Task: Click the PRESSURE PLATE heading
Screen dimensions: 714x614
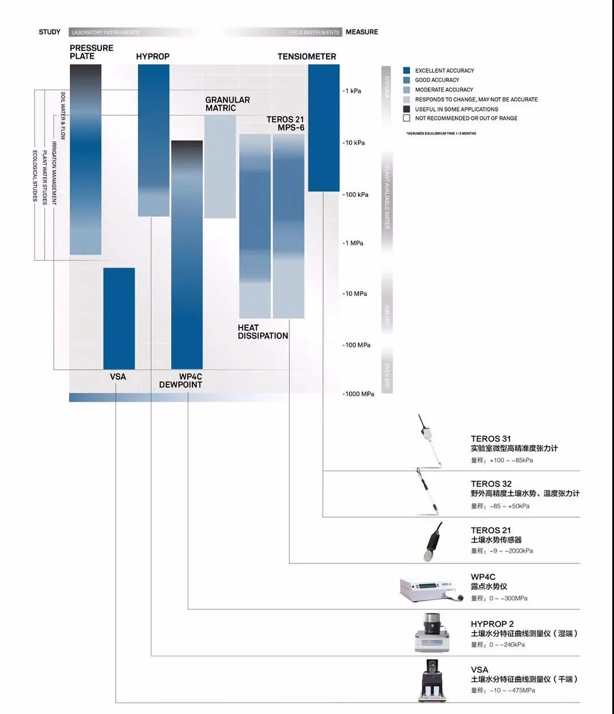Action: click(x=92, y=52)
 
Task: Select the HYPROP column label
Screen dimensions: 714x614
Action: click(x=152, y=56)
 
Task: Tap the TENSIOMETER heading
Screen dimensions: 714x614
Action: click(x=306, y=56)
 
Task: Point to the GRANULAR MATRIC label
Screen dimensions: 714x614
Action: click(x=227, y=104)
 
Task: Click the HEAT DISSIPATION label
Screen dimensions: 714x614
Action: click(x=262, y=332)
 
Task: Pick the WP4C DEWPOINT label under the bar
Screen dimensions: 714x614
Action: click(x=181, y=381)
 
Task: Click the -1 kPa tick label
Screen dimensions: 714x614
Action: click(x=352, y=91)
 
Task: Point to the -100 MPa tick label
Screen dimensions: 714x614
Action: click(x=357, y=345)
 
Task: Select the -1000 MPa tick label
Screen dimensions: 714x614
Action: click(x=359, y=394)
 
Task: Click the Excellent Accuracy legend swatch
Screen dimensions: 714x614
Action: click(x=407, y=70)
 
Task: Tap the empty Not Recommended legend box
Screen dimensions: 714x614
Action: click(x=407, y=118)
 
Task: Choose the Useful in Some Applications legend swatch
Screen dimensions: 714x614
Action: click(x=407, y=109)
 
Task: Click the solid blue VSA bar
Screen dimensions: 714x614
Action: click(x=119, y=318)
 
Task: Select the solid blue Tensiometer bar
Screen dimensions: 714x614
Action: click(x=324, y=128)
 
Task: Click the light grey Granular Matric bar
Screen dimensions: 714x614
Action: click(x=220, y=166)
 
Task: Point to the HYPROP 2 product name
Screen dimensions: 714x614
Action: click(x=492, y=624)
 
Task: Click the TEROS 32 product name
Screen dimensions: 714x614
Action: click(x=491, y=484)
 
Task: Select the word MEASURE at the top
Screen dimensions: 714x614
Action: click(x=361, y=32)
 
